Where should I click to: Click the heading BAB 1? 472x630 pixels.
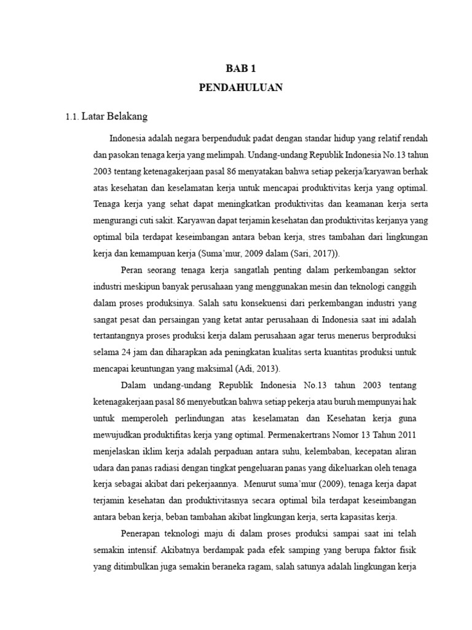click(240, 68)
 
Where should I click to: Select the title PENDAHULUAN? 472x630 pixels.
click(240, 87)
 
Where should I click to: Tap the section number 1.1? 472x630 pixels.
click(72, 116)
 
